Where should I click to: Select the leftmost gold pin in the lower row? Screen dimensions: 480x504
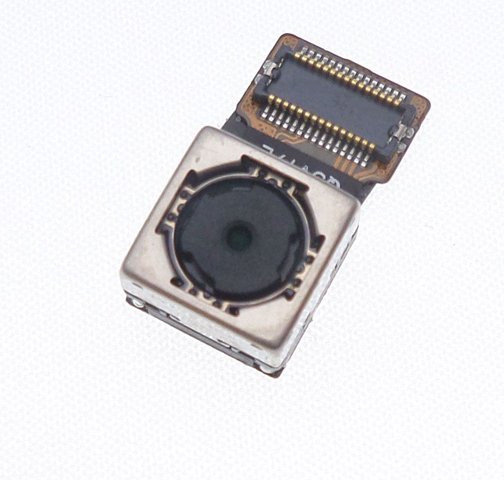pyautogui.click(x=271, y=99)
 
